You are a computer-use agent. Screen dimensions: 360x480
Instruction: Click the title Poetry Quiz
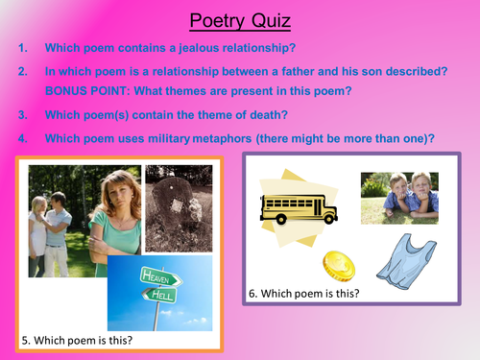coord(239,19)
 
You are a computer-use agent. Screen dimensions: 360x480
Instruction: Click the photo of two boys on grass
coord(399,199)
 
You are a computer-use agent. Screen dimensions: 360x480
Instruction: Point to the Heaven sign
coord(157,274)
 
